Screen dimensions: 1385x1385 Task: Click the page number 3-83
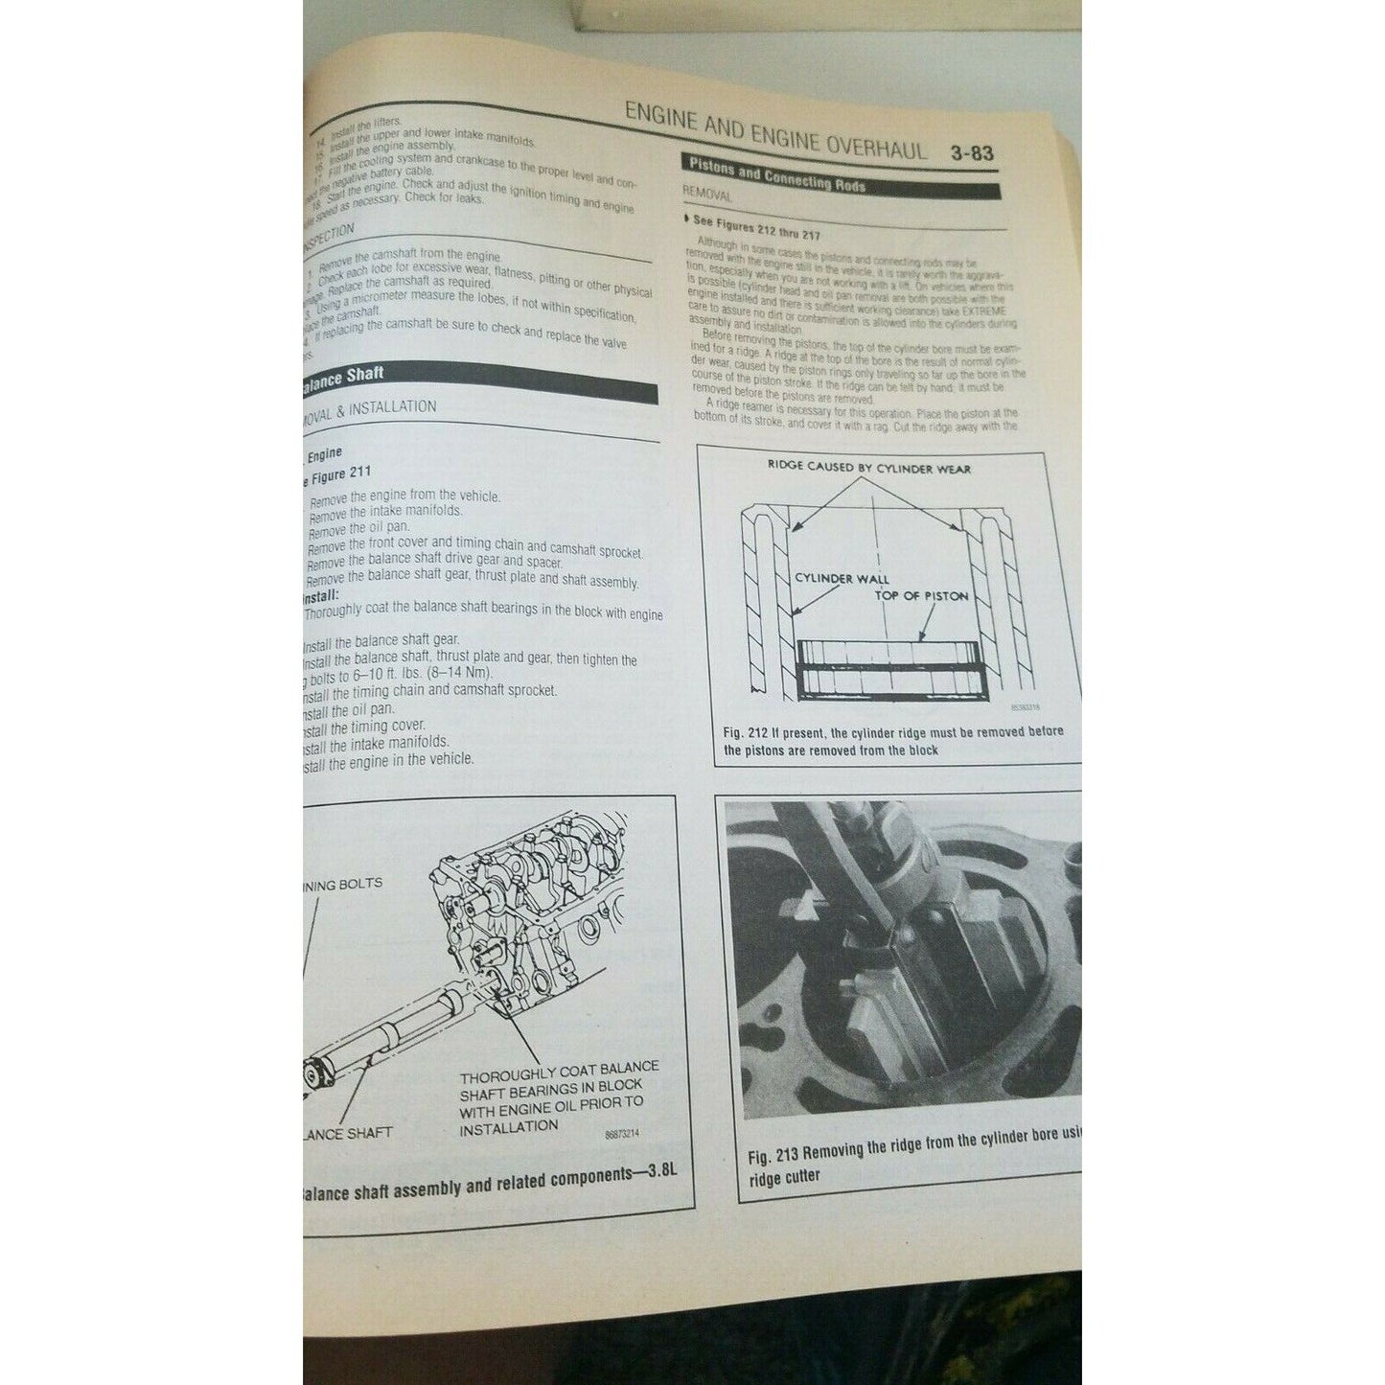pyautogui.click(x=972, y=153)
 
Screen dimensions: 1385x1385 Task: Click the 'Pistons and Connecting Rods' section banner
pyautogui.click(x=776, y=174)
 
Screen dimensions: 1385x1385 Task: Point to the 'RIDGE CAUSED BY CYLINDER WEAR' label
pyautogui.click(x=868, y=469)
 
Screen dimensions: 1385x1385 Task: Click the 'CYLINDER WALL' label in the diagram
pyautogui.click(x=842, y=578)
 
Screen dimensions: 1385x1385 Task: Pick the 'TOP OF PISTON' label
pyautogui.click(x=920, y=595)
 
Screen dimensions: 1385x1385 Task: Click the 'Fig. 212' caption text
pyautogui.click(x=891, y=741)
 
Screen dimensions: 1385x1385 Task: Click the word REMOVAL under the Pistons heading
pyautogui.click(x=707, y=195)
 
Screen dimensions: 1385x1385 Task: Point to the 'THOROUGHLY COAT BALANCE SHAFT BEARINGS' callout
pyautogui.click(x=558, y=1097)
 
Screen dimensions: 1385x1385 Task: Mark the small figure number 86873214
pyautogui.click(x=622, y=1134)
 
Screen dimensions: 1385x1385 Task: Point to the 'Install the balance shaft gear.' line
pyautogui.click(x=381, y=640)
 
